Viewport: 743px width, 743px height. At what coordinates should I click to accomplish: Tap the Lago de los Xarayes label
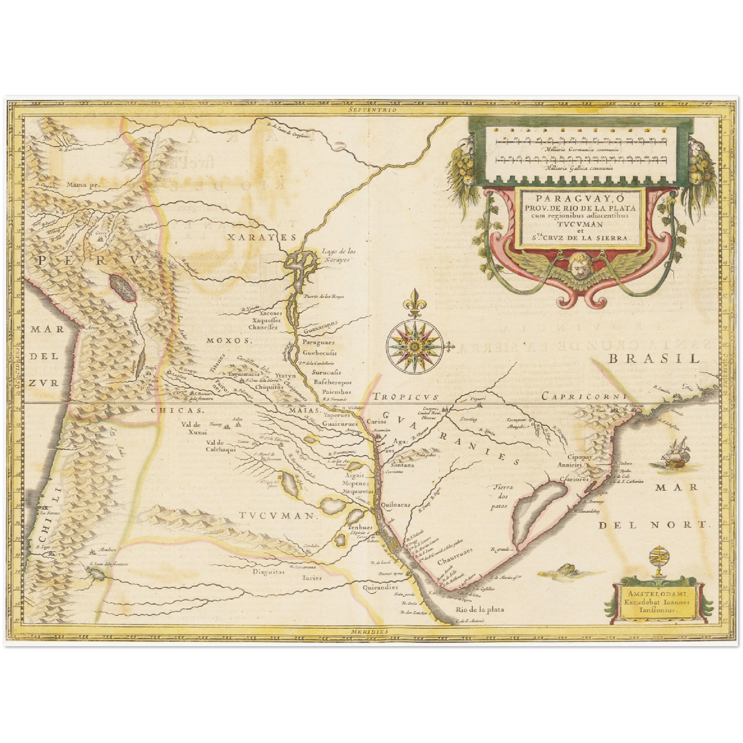tap(338, 256)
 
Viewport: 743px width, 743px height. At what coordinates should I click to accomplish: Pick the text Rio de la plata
tap(479, 609)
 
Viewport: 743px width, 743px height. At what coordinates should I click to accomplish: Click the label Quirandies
tap(380, 587)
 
